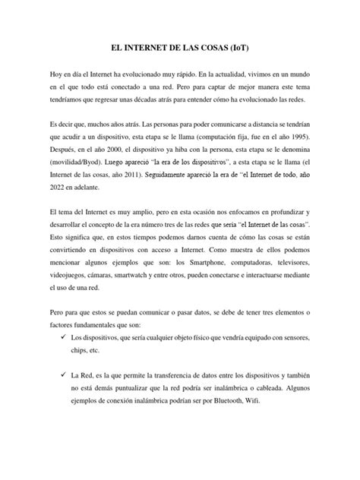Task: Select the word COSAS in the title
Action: [216, 48]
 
